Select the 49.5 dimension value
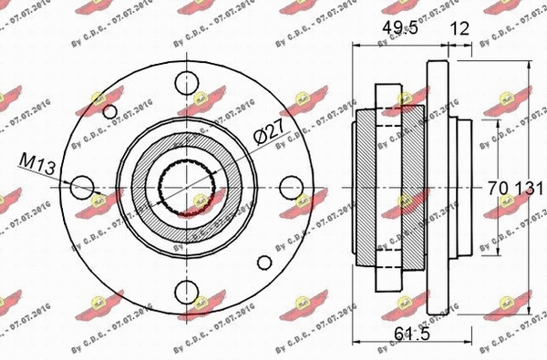point(399,28)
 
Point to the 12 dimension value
point(461,28)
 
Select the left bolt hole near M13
point(80,186)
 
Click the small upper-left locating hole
point(111,111)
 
